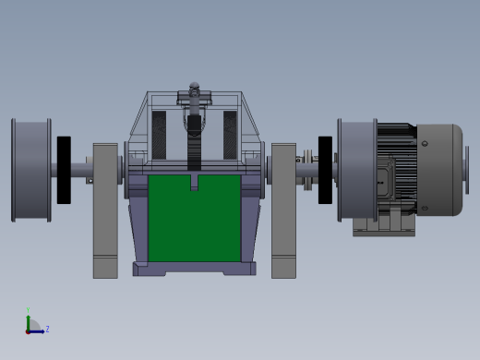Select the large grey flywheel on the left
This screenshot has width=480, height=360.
pos(31,170)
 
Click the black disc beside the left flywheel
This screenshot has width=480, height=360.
pos(64,170)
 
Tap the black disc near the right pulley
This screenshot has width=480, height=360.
pos(325,170)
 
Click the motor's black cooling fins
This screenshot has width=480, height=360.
pos(397,148)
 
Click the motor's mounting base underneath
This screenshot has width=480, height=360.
pos(383,225)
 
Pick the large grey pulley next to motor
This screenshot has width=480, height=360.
pos(356,170)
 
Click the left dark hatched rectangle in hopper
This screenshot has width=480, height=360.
pos(159,135)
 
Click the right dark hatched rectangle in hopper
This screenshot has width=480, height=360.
pos(230,135)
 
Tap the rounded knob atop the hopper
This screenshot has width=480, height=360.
pos(194,88)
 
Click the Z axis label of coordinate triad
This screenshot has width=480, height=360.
pos(47,329)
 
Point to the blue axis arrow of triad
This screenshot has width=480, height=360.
pos(37,330)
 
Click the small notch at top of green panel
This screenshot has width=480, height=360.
pos(194,182)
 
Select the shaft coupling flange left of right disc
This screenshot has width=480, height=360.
pos(307,171)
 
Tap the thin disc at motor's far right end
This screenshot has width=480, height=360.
pos(466,170)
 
